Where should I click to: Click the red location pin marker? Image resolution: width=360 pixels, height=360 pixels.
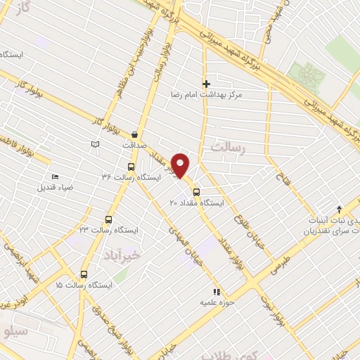tap(181, 165)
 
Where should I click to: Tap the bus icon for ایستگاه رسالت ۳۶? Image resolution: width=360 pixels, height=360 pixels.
tap(131, 167)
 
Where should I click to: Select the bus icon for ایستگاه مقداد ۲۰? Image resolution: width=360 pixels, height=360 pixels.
tap(196, 192)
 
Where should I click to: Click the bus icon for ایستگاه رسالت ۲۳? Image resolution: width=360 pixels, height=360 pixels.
tap(108, 219)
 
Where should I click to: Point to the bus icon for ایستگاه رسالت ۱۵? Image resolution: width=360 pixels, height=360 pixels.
tap(84, 275)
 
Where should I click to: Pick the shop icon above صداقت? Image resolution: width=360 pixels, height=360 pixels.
tap(134, 134)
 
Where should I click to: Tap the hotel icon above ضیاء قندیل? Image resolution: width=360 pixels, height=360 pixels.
tap(56, 177)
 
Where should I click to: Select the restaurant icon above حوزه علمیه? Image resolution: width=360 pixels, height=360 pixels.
tap(216, 291)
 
